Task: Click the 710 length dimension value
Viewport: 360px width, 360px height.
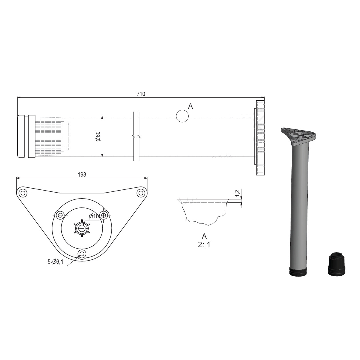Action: point(141,94)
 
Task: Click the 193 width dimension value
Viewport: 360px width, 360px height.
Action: point(82,175)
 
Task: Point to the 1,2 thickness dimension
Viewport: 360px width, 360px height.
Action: point(237,193)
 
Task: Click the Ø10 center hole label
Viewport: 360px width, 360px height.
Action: point(94,216)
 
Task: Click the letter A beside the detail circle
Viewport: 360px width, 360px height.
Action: point(190,106)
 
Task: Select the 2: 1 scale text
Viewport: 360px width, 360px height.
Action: point(204,245)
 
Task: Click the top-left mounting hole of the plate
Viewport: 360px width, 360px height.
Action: point(23,193)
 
